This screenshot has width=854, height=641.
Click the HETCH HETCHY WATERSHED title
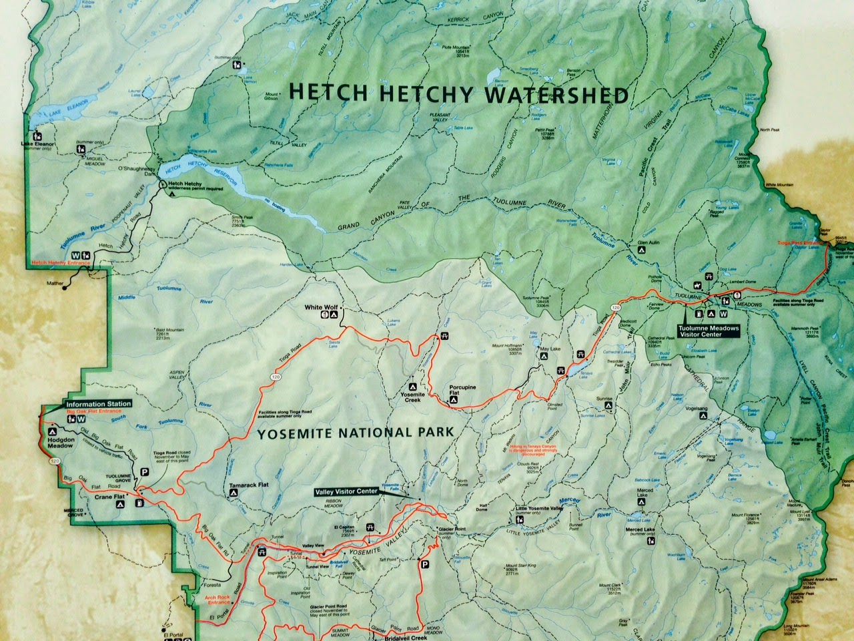coord(459,95)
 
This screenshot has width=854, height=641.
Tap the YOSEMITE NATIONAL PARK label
coord(355,433)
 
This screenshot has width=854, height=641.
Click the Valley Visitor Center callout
coord(346,491)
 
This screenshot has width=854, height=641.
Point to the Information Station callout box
coord(97,404)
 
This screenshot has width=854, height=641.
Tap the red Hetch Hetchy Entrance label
coord(60,264)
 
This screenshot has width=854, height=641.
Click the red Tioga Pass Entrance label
coord(800,243)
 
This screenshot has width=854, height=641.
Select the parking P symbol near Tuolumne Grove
coord(144,472)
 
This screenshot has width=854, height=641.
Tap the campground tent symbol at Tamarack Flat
coord(233,493)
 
